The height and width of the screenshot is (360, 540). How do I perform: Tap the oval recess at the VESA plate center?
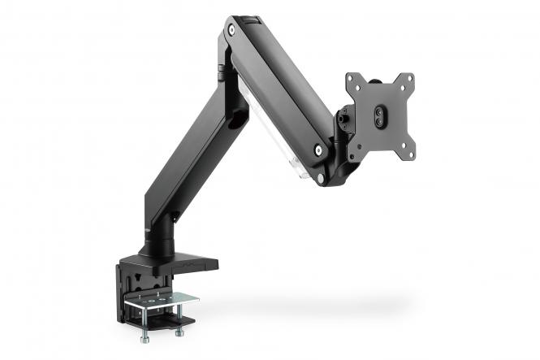pyautogui.click(x=379, y=116)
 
